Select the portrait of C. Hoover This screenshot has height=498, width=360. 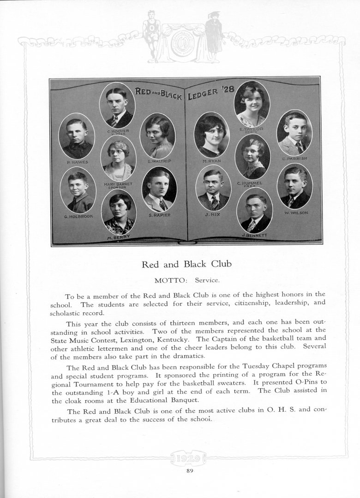[x=117, y=106]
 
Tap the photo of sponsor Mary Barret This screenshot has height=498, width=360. [x=118, y=160]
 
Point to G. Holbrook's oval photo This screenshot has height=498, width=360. [x=78, y=190]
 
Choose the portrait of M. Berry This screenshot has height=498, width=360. [x=119, y=212]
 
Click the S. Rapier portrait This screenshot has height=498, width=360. [x=159, y=189]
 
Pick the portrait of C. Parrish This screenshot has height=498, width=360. [x=294, y=133]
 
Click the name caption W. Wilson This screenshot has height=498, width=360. [x=296, y=213]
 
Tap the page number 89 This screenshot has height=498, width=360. [x=190, y=470]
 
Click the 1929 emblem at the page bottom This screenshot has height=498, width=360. [x=190, y=458]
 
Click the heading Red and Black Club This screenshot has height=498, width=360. [x=186, y=265]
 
